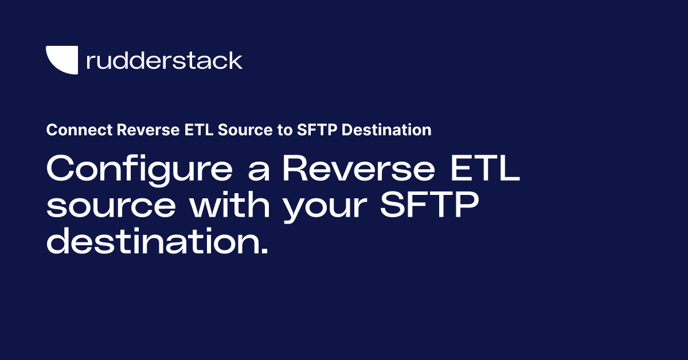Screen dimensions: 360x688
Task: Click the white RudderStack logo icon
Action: pos(62,60)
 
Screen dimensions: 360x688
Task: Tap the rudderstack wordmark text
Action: pos(164,60)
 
